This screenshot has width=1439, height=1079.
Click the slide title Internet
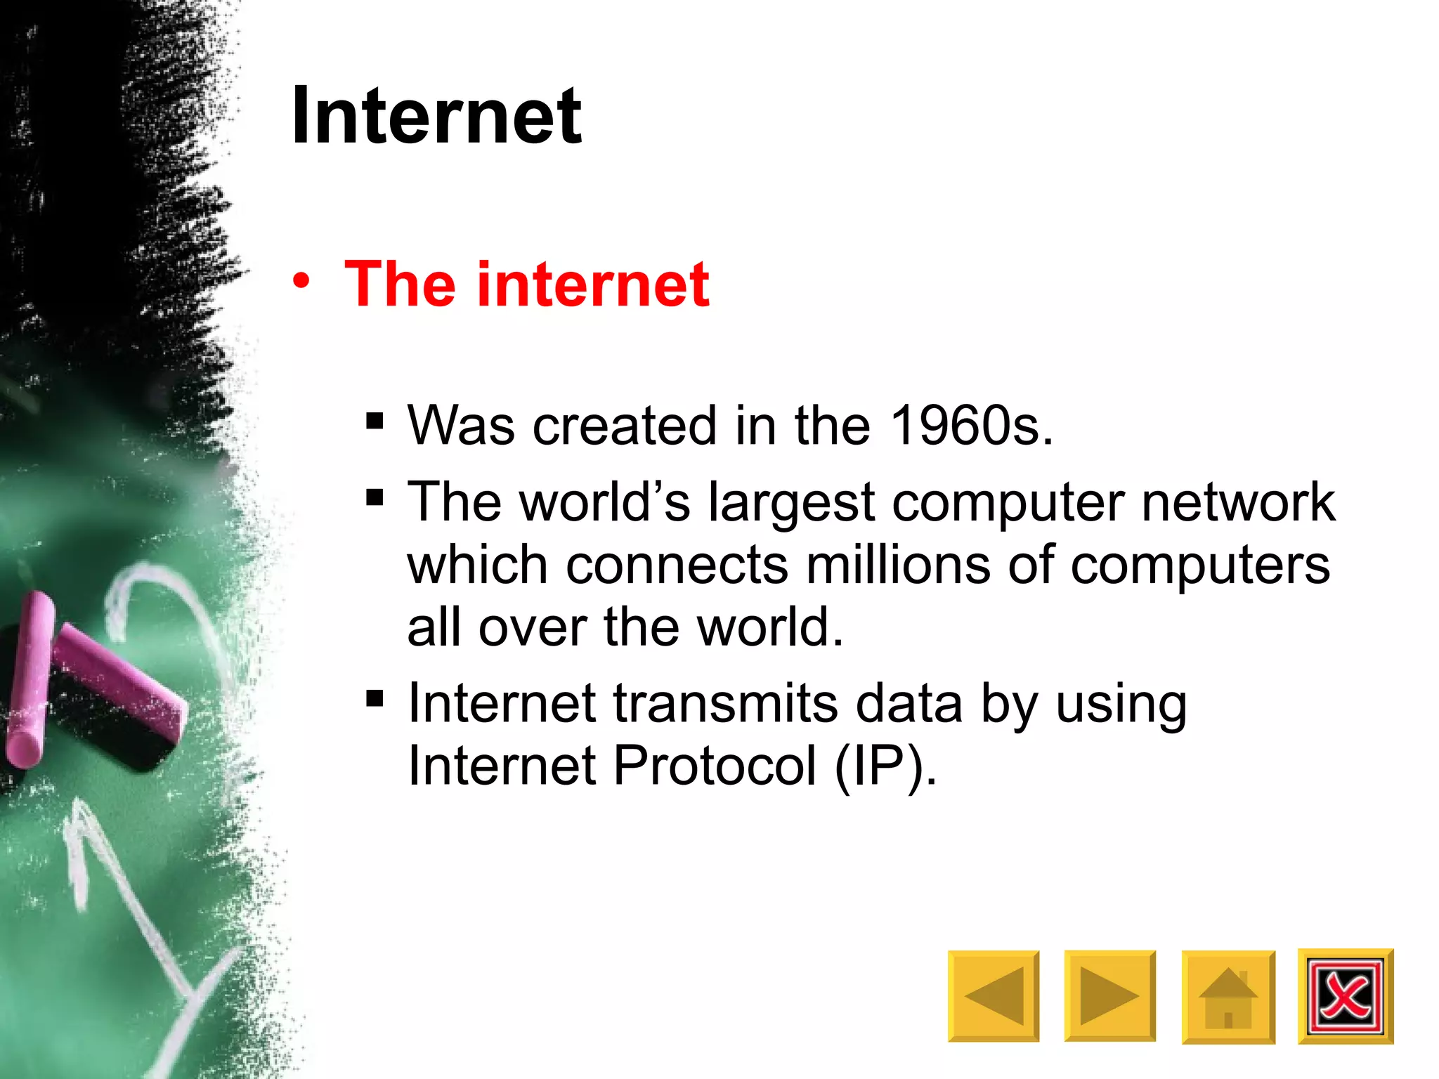pyautogui.click(x=436, y=115)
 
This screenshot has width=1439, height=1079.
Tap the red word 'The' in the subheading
pyautogui.click(x=400, y=284)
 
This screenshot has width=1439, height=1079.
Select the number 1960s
pyautogui.click(x=970, y=426)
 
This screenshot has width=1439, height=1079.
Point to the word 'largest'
pyautogui.click(x=791, y=503)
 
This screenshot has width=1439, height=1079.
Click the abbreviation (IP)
pyautogui.click(x=885, y=766)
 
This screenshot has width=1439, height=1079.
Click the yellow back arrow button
pyautogui.click(x=993, y=995)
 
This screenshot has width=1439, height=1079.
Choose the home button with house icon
pyautogui.click(x=1228, y=997)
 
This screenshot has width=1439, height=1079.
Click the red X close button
pyautogui.click(x=1345, y=996)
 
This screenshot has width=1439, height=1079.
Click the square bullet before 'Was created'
pyautogui.click(x=375, y=421)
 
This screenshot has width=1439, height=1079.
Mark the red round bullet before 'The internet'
pyautogui.click(x=301, y=282)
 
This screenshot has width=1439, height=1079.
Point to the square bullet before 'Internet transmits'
pyautogui.click(x=375, y=698)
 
